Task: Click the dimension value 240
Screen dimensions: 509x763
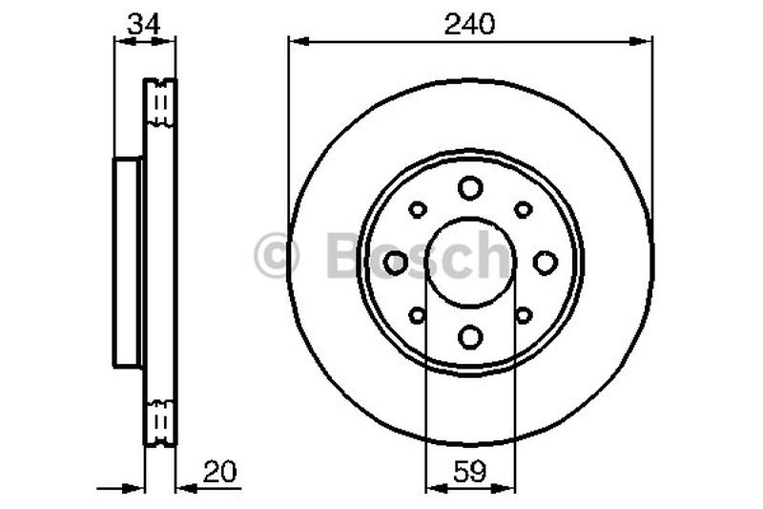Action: [x=470, y=25]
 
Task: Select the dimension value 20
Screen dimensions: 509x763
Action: [x=218, y=472]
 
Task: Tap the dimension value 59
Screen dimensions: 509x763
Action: [x=469, y=472]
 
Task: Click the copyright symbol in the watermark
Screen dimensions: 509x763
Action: [x=277, y=256]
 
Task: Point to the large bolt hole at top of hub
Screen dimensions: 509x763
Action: [x=469, y=188]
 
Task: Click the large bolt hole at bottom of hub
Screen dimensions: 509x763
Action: [x=469, y=336]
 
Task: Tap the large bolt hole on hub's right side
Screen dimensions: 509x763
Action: [x=544, y=262]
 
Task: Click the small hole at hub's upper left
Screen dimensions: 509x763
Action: [x=417, y=209]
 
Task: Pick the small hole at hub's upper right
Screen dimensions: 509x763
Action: [x=523, y=209]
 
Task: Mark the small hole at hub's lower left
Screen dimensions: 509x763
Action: [x=417, y=315]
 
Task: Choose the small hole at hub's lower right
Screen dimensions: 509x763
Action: [x=523, y=315]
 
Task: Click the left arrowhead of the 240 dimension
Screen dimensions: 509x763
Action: [x=295, y=40]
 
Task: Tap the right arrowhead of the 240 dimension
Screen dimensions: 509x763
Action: [x=646, y=40]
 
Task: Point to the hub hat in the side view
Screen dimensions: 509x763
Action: [x=128, y=262]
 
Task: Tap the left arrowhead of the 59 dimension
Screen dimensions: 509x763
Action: [x=430, y=488]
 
